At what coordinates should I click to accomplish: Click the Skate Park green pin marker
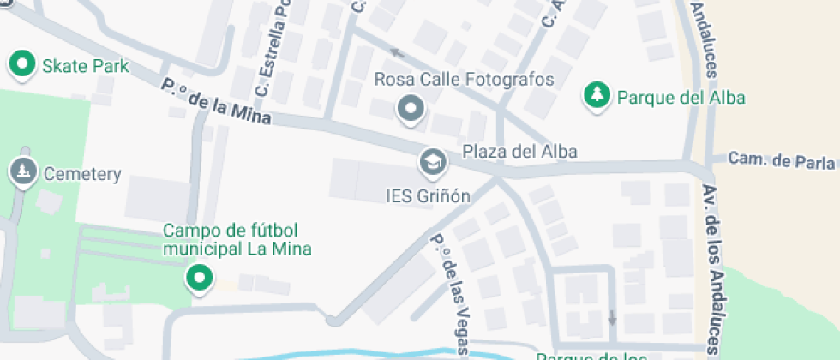(x=21, y=64)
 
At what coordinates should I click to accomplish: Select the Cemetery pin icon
(x=21, y=171)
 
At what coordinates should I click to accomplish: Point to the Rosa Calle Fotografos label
(x=465, y=80)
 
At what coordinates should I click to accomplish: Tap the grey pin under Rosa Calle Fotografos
(x=411, y=109)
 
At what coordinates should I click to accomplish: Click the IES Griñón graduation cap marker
(x=432, y=161)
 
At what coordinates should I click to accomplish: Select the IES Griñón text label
(x=428, y=195)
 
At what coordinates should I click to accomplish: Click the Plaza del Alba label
(x=519, y=152)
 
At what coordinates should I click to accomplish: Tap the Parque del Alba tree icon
(x=596, y=95)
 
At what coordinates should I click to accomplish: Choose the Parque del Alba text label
(x=681, y=97)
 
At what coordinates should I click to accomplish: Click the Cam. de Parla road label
(x=781, y=159)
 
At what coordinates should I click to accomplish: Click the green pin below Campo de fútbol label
(x=200, y=278)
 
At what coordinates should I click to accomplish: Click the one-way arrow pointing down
(x=611, y=316)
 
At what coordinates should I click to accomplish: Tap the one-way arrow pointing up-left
(x=397, y=51)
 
